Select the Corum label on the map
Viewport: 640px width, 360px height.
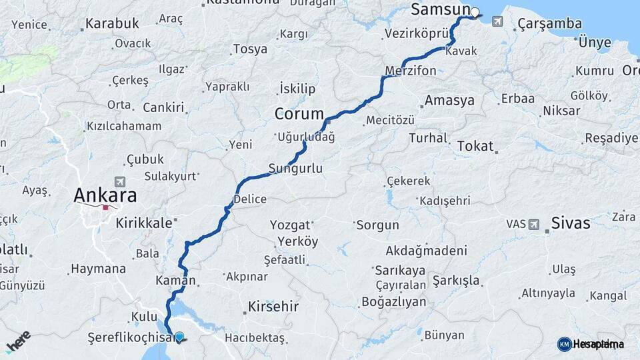pos(299,114)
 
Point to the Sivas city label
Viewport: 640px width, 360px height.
pos(570,223)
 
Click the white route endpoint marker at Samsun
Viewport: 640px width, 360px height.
pos(475,12)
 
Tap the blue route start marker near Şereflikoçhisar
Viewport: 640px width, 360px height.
pos(179,336)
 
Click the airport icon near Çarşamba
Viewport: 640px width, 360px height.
pos(497,21)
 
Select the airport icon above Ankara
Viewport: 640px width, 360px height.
pos(120,181)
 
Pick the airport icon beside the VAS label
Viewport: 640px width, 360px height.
pos(533,225)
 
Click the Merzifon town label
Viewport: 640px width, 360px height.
pos(411,71)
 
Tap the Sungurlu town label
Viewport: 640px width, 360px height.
pos(295,169)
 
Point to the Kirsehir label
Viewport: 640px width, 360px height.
pos(273,307)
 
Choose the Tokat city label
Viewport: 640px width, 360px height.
pos(475,146)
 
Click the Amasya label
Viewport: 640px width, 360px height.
pos(449,101)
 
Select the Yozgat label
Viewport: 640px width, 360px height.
pos(290,225)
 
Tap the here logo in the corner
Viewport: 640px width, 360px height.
pos(18,341)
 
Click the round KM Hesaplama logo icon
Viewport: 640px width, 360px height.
pos(564,344)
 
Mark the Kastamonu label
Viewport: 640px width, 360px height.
pos(243,3)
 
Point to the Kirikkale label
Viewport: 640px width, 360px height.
pos(144,223)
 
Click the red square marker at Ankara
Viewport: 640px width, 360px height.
pos(106,208)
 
